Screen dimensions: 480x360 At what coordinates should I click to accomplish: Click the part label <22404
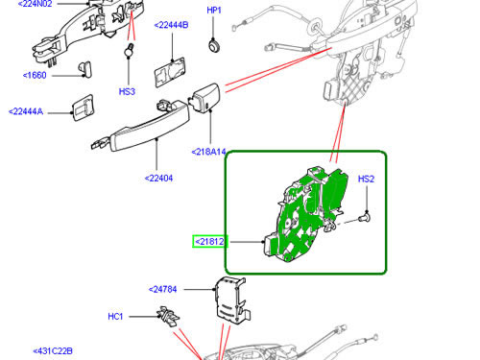158,179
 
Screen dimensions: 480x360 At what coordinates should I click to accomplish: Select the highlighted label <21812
209,241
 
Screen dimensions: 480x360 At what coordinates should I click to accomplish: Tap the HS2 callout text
366,179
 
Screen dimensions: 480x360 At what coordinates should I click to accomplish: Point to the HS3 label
127,92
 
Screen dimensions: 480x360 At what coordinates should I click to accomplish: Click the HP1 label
214,11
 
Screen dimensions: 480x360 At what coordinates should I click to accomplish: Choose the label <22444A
26,111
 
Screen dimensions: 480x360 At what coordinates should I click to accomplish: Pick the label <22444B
171,25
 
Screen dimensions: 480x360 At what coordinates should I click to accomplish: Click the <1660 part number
35,75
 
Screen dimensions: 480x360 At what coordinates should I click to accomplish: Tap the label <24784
162,289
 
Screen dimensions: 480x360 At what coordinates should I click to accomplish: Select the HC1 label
115,317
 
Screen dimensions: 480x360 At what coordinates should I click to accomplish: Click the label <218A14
208,152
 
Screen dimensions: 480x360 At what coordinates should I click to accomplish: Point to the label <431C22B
53,351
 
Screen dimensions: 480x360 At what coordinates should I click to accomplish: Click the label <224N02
35,4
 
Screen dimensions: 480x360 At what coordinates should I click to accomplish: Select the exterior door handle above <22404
141,126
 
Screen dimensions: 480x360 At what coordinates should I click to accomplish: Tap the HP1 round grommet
214,45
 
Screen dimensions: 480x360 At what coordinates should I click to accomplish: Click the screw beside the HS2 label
364,218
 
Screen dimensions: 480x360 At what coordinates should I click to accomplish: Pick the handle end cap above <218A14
205,98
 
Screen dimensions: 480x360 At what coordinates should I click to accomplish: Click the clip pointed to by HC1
168,317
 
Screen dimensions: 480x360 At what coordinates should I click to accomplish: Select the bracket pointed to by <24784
232,300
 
